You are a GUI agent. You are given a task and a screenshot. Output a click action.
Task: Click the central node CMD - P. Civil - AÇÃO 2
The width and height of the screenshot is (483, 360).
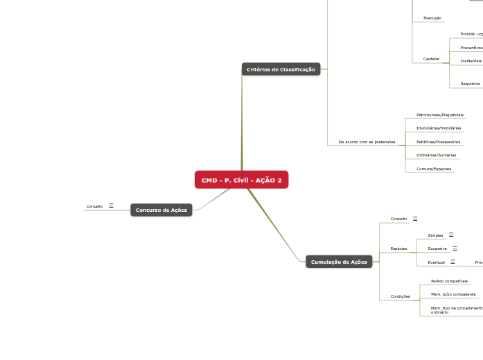pyautogui.click(x=241, y=180)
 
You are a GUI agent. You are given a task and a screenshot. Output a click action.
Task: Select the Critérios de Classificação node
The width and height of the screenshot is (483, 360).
pyautogui.click(x=281, y=69)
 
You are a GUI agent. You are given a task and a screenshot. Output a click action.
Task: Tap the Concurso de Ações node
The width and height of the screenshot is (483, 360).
pyautogui.click(x=161, y=210)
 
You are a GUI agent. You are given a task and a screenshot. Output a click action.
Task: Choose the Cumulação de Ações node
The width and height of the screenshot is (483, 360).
pyautogui.click(x=339, y=262)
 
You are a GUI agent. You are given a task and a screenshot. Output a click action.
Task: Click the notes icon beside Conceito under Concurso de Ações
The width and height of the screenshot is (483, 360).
pyautogui.click(x=111, y=206)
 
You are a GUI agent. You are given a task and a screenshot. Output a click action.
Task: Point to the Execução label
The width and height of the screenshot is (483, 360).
pyautogui.click(x=432, y=18)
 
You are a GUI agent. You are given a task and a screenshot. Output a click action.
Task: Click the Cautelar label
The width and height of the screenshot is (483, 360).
pyautogui.click(x=431, y=59)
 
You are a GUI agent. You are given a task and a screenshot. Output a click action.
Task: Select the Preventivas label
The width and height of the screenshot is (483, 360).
pyautogui.click(x=471, y=48)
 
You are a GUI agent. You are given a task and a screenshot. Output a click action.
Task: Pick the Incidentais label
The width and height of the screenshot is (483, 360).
pyautogui.click(x=471, y=61)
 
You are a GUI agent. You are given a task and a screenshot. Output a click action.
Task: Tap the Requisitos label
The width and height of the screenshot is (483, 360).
pyautogui.click(x=470, y=84)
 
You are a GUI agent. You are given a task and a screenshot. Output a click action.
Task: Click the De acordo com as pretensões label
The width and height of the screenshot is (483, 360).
pyautogui.click(x=367, y=142)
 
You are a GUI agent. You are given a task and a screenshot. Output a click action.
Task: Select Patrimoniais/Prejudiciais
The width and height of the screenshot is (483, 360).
pyautogui.click(x=439, y=114)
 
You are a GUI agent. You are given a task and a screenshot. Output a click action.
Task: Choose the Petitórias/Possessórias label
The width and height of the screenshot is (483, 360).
pyautogui.click(x=438, y=142)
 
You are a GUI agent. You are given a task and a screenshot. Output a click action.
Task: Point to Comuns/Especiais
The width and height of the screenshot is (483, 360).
pyautogui.click(x=433, y=169)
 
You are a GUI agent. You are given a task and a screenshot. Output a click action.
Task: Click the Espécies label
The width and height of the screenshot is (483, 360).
pyautogui.click(x=398, y=248)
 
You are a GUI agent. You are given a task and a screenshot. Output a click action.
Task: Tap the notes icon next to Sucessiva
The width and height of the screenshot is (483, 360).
pyautogui.click(x=455, y=248)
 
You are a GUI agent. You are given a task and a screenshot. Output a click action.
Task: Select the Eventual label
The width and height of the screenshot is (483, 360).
pyautogui.click(x=436, y=262)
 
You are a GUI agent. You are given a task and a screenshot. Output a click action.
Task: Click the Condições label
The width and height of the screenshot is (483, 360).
pyautogui.click(x=400, y=296)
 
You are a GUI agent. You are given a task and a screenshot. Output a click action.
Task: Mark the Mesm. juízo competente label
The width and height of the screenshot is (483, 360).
pyautogui.click(x=453, y=294)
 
